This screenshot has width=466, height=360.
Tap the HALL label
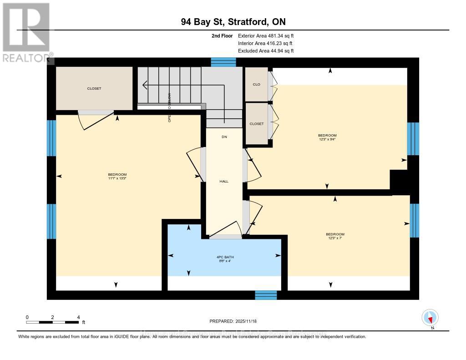pos(224,181)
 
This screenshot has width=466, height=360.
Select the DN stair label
pos(224,137)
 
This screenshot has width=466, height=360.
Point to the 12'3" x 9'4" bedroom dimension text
pos(327,140)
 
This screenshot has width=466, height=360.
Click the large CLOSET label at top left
pos(94,88)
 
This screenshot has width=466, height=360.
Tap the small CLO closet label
pos(256,84)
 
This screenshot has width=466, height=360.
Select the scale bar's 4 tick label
pos(78,317)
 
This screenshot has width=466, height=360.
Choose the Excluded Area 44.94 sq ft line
pos(266,51)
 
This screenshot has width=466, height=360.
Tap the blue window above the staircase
pos(223,62)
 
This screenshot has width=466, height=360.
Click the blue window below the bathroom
pos(266,295)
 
